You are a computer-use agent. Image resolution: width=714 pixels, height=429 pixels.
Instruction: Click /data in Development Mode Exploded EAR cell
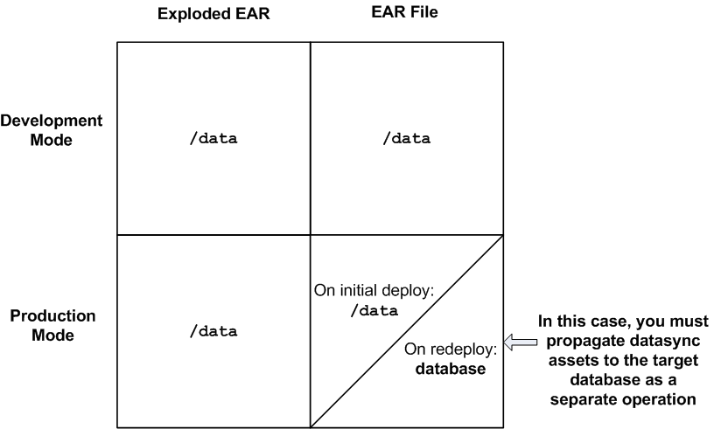[213, 138]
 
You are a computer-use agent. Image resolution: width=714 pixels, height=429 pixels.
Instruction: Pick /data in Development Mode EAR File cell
[407, 138]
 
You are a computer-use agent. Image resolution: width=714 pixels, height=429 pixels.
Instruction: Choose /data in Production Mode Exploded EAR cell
[213, 331]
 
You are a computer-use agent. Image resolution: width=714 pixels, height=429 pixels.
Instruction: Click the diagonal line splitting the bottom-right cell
[407, 330]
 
